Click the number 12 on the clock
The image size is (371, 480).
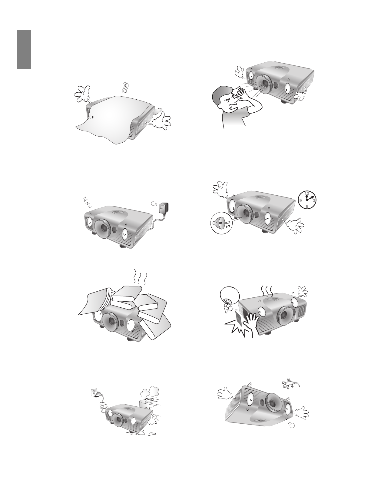tap(307, 193)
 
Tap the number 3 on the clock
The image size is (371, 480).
tap(314, 200)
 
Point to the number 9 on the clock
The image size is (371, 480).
tap(300, 200)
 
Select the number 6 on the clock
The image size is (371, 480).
tap(307, 207)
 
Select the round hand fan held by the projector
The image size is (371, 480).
tap(230, 296)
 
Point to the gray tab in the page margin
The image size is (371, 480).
tap(24, 49)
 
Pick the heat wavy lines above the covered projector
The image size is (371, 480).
tap(125, 88)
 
